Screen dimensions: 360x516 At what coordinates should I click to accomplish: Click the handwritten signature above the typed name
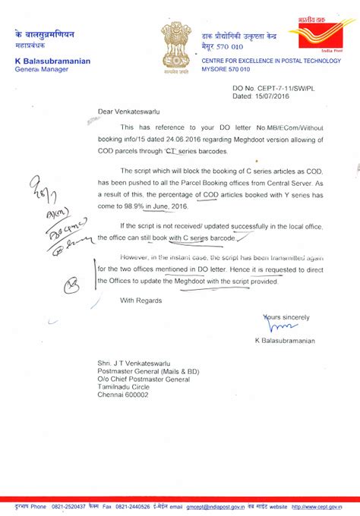pyautogui.click(x=272, y=326)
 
